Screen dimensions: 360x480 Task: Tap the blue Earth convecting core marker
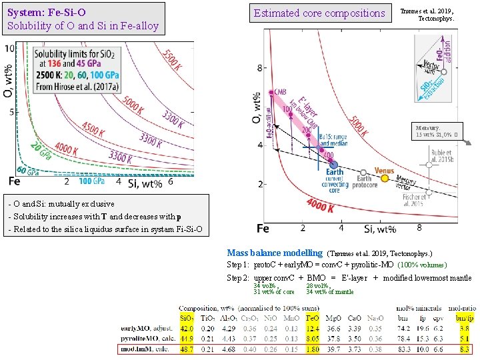pyautogui.click(x=334, y=164)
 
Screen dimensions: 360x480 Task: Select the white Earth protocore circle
pyautogui.click(x=363, y=173)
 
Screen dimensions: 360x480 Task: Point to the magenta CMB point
pyautogui.click(x=271, y=93)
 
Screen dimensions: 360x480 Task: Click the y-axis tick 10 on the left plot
pyautogui.click(x=9, y=49)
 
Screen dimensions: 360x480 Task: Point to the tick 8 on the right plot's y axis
pyautogui.click(x=259, y=68)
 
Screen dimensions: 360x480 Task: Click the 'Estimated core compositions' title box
pyautogui.click(x=319, y=13)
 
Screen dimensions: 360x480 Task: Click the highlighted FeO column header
pyautogui.click(x=313, y=317)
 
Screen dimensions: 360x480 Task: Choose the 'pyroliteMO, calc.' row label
pyautogui.click(x=147, y=338)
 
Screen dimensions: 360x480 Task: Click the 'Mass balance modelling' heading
pyautogui.click(x=274, y=253)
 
